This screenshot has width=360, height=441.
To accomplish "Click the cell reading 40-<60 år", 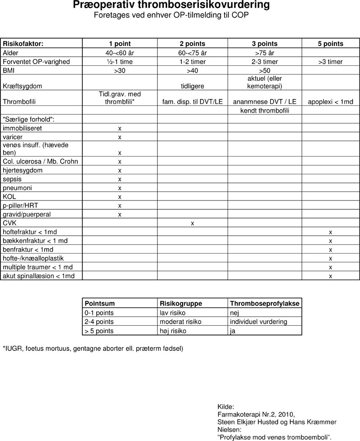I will [x=120, y=53].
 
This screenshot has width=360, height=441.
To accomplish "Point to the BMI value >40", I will [x=192, y=71].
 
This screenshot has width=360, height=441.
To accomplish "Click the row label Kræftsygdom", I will [x=19, y=85].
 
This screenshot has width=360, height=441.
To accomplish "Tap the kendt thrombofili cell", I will [x=265, y=111].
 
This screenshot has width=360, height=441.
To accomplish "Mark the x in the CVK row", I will [x=192, y=223].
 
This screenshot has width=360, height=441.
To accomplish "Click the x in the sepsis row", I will [x=120, y=179].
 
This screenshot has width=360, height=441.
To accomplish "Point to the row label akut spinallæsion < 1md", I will [x=39, y=276].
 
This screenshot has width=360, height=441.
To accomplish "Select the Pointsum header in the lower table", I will [x=99, y=303].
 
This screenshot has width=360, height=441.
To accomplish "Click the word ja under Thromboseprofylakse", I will [x=233, y=331].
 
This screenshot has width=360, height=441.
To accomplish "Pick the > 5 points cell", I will [x=99, y=331].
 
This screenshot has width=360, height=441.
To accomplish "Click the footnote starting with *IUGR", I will [x=93, y=349].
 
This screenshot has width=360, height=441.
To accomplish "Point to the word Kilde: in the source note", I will [x=226, y=406].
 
